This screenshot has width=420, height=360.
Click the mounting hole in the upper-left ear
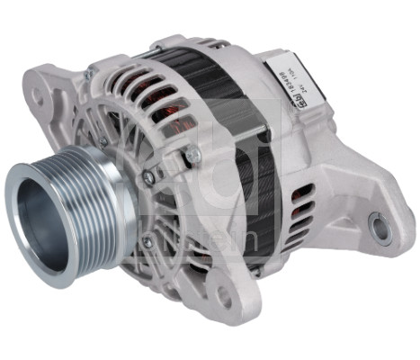click(x=38, y=92)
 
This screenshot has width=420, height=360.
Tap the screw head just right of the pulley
click(x=149, y=175)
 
